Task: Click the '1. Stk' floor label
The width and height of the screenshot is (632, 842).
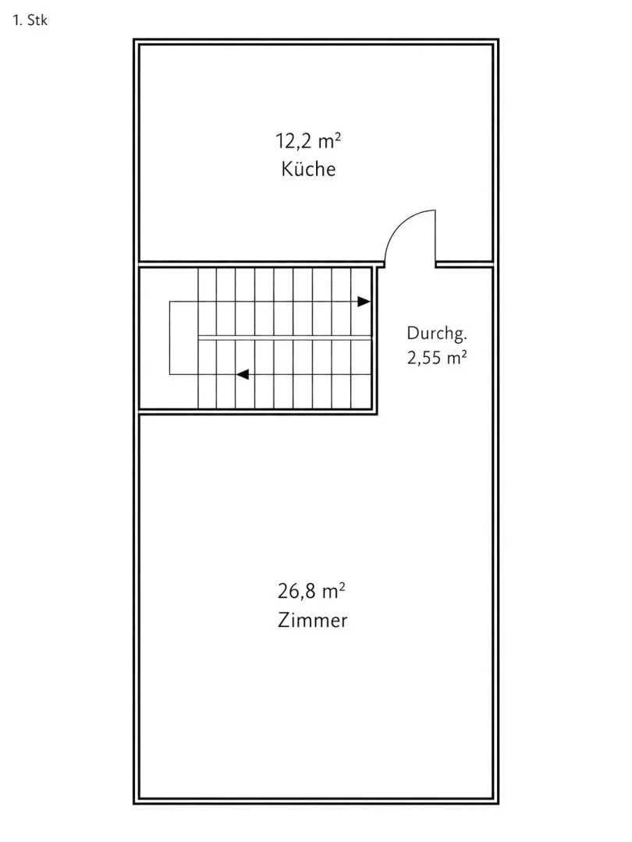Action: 30,20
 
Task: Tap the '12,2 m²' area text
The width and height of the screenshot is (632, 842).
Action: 308,142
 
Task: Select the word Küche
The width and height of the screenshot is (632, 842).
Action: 308,169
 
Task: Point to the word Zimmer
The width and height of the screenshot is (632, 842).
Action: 313,621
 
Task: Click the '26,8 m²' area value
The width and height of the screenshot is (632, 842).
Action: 311,592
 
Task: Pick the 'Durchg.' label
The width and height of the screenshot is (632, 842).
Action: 437,334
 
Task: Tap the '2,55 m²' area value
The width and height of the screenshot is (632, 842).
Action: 436,358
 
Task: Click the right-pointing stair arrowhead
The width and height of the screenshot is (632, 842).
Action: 364,302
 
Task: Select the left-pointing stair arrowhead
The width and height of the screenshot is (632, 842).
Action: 243,374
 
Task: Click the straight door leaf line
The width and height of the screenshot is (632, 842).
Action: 435,236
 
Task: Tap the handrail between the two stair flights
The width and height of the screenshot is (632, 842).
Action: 285,338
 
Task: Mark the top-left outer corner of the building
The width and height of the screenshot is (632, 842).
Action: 133,39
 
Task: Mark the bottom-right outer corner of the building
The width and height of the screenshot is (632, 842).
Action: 499,804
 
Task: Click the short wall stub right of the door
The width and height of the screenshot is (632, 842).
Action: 464,264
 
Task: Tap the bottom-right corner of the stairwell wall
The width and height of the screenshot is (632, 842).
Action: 378,414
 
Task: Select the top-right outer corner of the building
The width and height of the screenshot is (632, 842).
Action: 499,39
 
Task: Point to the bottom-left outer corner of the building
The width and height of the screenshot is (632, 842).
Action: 133,804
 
